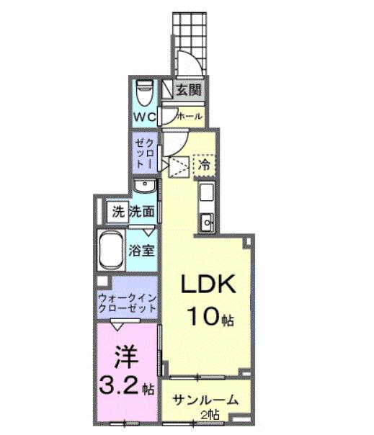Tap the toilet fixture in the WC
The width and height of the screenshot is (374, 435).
(143, 92)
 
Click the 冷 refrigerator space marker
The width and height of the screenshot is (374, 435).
(204, 164)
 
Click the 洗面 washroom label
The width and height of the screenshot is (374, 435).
(142, 212)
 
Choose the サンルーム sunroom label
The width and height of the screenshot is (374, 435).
(204, 400)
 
